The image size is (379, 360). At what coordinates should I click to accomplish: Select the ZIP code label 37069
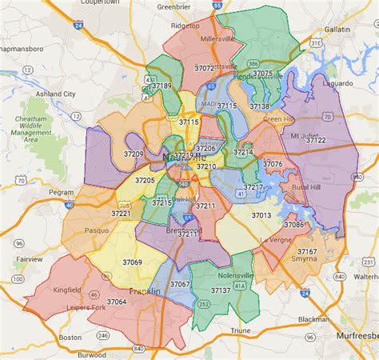point(132,262)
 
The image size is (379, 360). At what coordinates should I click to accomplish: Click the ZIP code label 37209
point(134,153)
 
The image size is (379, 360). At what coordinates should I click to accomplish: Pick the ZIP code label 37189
point(162,85)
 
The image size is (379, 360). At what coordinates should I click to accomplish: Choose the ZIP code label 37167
point(307,252)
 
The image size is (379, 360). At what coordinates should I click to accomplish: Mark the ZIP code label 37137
point(219,290)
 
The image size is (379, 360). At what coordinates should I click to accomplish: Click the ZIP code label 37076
point(273,164)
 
